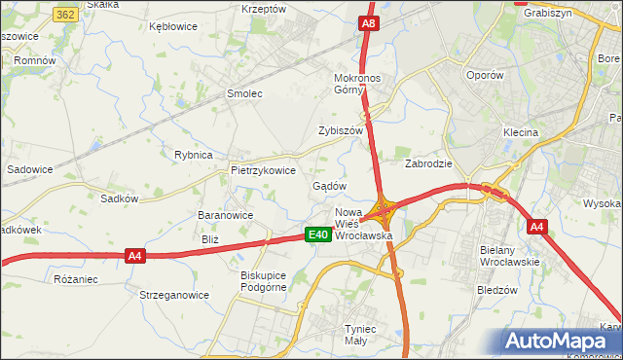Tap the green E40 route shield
coord(317,234)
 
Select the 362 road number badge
coord(66,16)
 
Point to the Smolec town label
coord(244,94)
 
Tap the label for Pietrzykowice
coord(263,170)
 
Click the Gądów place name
coord(329,186)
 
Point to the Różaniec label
coord(77,279)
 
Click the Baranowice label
coord(225,216)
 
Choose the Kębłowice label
coord(173,27)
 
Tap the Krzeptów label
coord(264,9)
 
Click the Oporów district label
coord(484,75)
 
